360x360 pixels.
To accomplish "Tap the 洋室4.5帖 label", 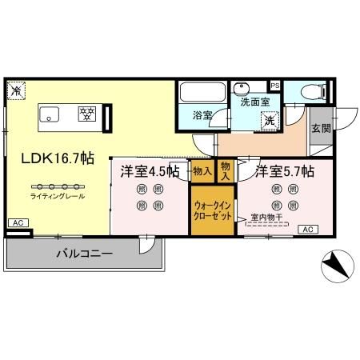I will coord(150,171).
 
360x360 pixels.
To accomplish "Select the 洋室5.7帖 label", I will coord(284,171).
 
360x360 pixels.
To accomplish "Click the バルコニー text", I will coord(84,254).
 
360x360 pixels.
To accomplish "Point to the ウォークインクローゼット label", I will coord(212,210).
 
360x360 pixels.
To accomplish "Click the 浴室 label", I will coord(201,115).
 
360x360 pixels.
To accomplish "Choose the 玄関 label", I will coord(320,128).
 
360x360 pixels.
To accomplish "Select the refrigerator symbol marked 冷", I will coord(17,91).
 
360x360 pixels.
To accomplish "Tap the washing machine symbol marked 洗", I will coord(270,120).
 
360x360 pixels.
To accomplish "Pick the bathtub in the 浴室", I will coord(202,93).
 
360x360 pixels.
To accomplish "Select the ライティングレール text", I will coord(58,196).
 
